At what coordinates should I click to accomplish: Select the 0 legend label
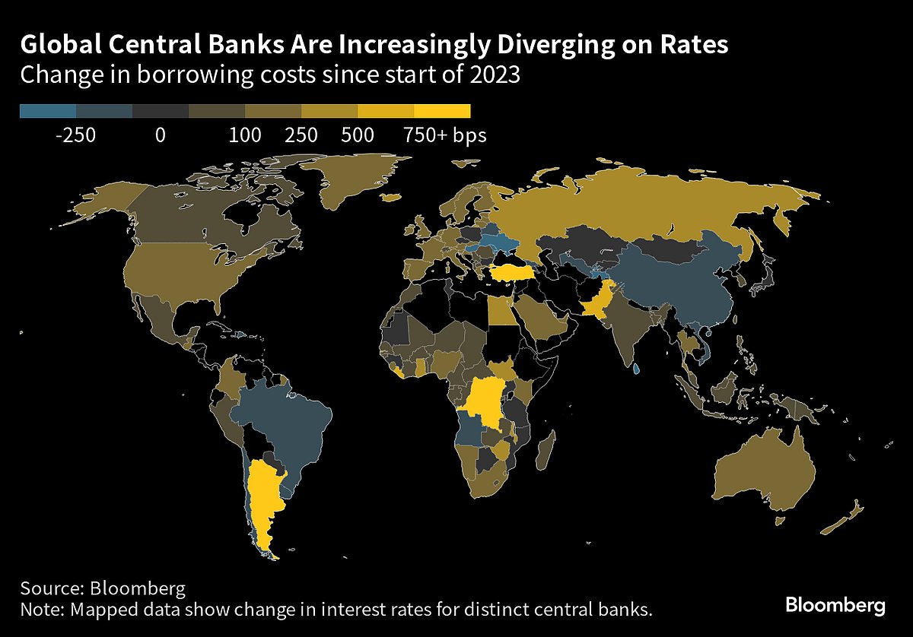160,136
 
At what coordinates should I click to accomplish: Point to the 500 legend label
358,136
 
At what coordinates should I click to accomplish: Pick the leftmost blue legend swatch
48,112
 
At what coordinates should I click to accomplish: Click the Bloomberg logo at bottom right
835,606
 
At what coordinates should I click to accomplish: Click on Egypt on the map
500,311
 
